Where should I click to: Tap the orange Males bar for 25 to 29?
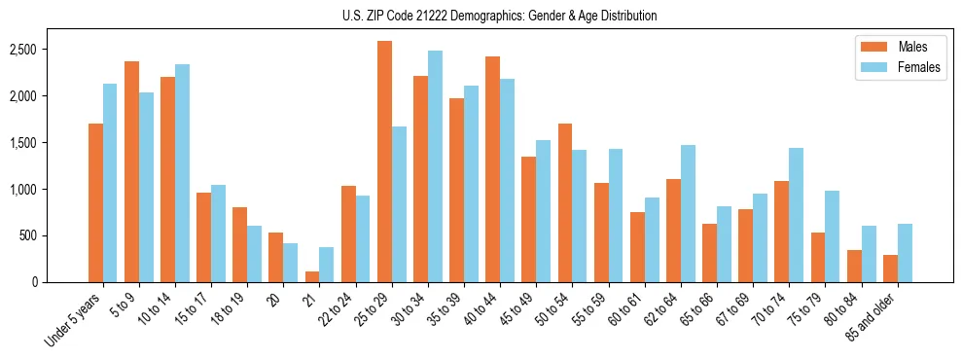[x=384, y=162]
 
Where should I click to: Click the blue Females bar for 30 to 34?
[x=435, y=166]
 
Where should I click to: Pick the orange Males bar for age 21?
[x=312, y=276]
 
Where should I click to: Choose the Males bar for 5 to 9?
[x=131, y=171]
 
